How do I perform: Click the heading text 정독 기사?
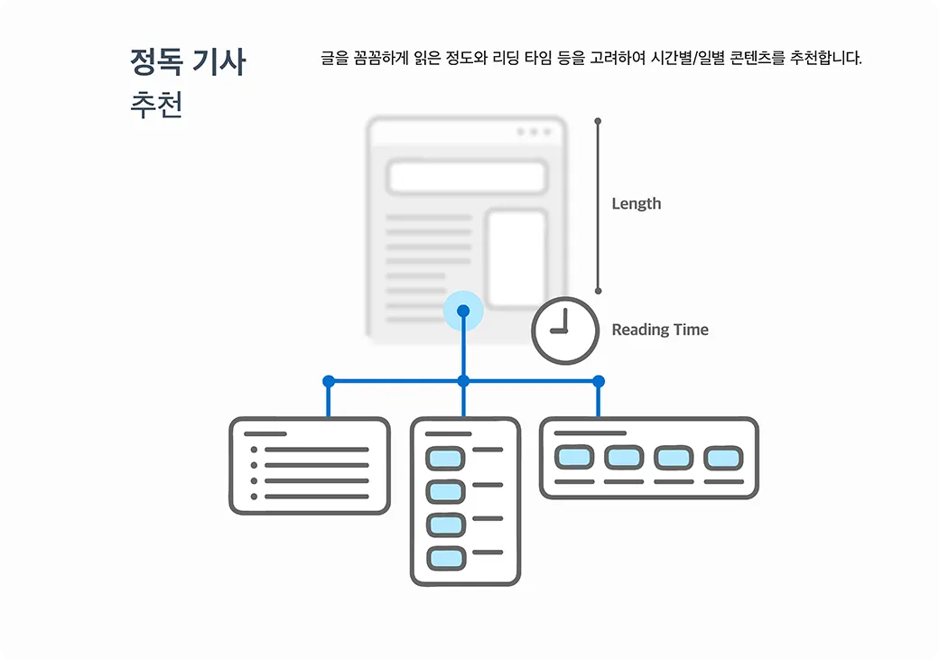(x=188, y=61)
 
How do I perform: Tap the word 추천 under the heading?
(x=156, y=105)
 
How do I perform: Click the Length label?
(x=636, y=204)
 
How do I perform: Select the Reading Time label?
(x=659, y=330)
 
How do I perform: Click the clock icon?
(x=564, y=330)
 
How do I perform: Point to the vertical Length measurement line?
(x=598, y=206)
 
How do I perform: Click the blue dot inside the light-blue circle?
(x=463, y=311)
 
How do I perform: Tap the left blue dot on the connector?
(x=329, y=381)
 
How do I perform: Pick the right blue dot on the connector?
(x=598, y=381)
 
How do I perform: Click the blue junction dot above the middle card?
(x=463, y=381)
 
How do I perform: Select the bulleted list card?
(x=310, y=466)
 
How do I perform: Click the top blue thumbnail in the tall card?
(x=444, y=458)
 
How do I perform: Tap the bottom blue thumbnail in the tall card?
(x=444, y=558)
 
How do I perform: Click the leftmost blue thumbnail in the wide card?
(x=573, y=458)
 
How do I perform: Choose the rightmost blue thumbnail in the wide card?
(x=722, y=458)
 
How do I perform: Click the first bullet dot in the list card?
(x=254, y=450)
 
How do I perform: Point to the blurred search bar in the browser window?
(x=467, y=177)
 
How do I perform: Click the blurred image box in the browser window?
(x=516, y=259)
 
